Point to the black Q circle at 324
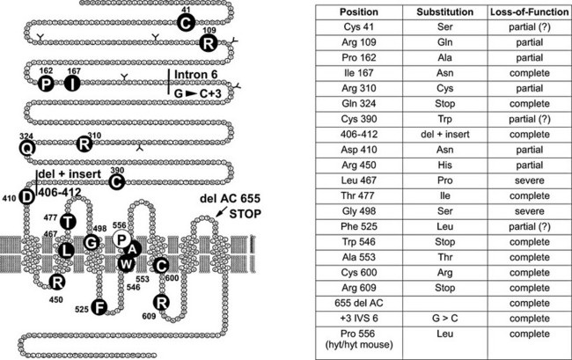tap(27, 149)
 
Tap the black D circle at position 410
tap(27, 196)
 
